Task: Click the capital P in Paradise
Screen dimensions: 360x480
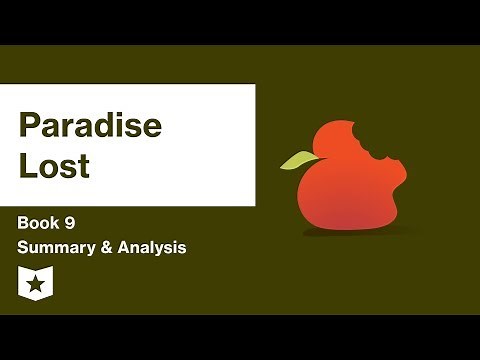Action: pos(29,127)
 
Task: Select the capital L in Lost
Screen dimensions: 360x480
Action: pos(27,165)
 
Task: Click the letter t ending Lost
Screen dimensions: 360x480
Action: pos(84,166)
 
